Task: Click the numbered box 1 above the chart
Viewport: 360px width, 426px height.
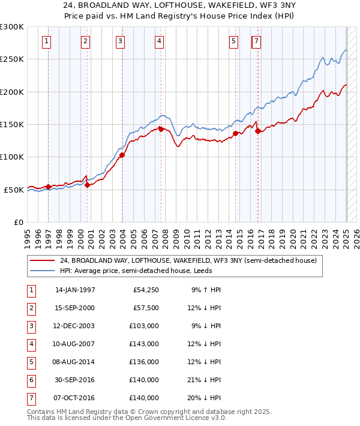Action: click(47, 41)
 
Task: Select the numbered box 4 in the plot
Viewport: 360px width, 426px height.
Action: click(159, 41)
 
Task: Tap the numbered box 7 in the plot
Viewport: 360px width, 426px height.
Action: click(256, 41)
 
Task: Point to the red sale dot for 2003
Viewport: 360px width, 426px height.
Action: click(122, 155)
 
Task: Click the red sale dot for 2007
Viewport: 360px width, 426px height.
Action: click(161, 128)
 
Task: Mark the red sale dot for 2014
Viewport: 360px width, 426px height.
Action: click(236, 133)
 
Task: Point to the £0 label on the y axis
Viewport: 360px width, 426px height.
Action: click(18, 222)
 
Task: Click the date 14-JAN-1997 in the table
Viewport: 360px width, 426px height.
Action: click(75, 290)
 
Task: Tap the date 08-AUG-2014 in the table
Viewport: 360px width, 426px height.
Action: click(75, 362)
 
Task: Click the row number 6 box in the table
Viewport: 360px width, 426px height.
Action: click(30, 380)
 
